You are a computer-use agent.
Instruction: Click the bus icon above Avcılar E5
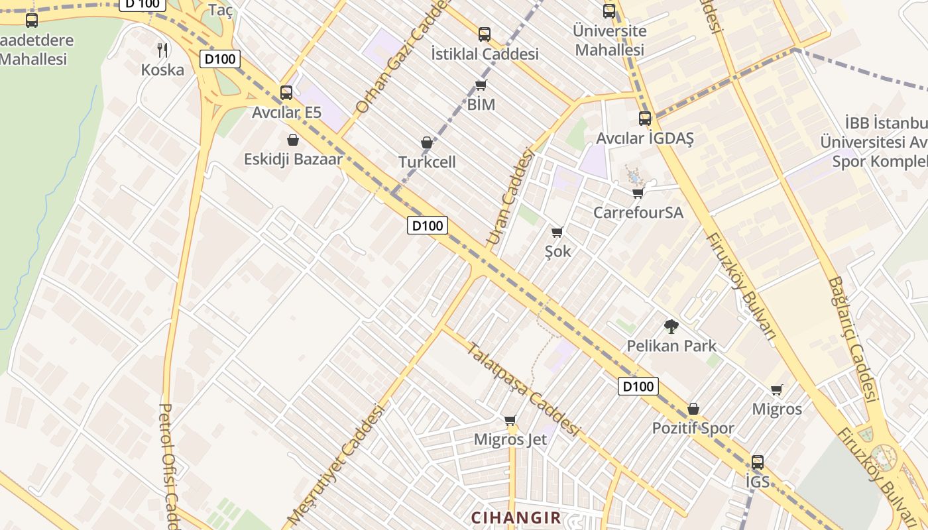286,92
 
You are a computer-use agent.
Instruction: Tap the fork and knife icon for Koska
162,49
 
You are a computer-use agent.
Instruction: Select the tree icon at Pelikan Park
671,326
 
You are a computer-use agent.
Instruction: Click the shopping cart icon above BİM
481,85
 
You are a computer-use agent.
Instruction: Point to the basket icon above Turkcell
427,142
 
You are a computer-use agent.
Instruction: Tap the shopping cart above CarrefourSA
638,193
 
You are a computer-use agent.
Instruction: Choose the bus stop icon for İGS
757,462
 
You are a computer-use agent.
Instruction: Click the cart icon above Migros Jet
510,420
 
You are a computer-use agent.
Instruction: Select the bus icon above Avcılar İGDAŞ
644,119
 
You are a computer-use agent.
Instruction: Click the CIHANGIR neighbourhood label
516,517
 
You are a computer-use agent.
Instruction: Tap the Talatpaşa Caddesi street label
523,389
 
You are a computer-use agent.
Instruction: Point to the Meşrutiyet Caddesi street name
336,464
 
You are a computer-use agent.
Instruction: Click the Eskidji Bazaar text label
293,159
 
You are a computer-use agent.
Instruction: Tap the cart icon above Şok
557,232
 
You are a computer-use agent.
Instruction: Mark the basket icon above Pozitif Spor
693,409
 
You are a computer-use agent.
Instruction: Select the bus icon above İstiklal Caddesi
485,34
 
